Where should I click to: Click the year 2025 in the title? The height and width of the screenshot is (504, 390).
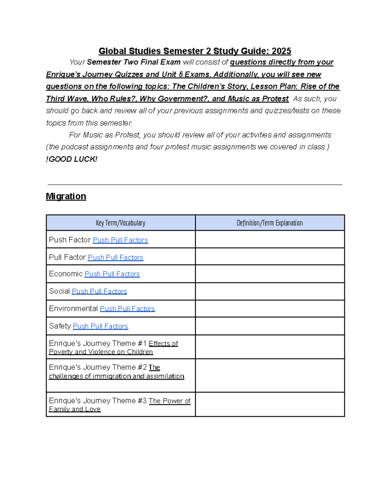coord(281,51)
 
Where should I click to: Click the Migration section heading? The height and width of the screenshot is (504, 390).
coord(66,196)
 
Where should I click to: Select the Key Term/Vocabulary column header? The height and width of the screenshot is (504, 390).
coord(121,223)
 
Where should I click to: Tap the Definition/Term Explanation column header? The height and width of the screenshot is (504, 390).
coord(269,223)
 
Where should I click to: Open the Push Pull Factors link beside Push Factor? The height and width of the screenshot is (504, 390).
coord(120,240)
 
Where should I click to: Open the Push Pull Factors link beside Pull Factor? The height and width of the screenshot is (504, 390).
coord(115,257)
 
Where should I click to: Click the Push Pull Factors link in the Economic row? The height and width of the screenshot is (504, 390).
coord(112,274)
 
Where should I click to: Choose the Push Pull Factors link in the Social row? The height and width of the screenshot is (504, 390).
coord(99,291)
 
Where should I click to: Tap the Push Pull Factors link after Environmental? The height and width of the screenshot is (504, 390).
coord(127,309)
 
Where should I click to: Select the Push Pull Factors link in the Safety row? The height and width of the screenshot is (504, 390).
coord(100,326)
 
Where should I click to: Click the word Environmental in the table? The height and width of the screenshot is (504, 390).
coord(73,309)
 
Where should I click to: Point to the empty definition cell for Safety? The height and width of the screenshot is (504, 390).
coord(269,326)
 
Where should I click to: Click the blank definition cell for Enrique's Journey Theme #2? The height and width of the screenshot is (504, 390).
coord(269,375)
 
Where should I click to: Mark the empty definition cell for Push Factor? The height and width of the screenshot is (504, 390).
coord(269,240)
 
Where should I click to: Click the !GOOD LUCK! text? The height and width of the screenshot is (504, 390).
coord(71,159)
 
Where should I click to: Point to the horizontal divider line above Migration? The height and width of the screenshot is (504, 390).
coord(195,185)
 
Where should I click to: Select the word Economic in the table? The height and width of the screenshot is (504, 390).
coord(66,274)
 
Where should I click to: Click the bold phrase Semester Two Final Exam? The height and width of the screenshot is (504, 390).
coord(134,62)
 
